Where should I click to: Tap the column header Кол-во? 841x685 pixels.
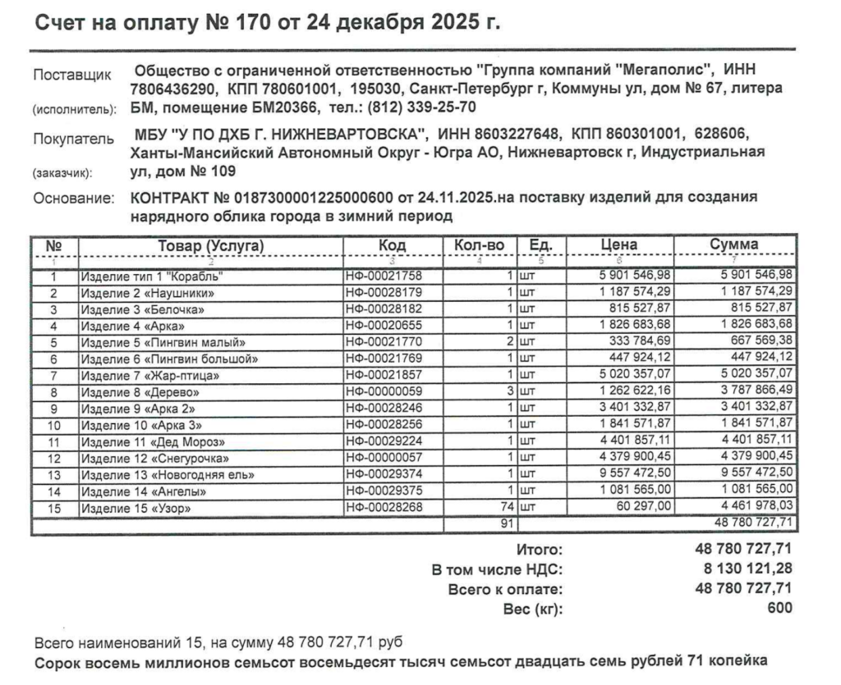point(480,245)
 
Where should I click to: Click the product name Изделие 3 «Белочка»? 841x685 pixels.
point(141,309)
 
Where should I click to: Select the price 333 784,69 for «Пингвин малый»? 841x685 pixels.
point(634,342)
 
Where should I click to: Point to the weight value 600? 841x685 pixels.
point(780,608)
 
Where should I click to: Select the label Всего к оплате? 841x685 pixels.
point(505,589)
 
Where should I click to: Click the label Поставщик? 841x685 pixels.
point(72,76)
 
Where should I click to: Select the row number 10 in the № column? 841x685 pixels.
point(54,425)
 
